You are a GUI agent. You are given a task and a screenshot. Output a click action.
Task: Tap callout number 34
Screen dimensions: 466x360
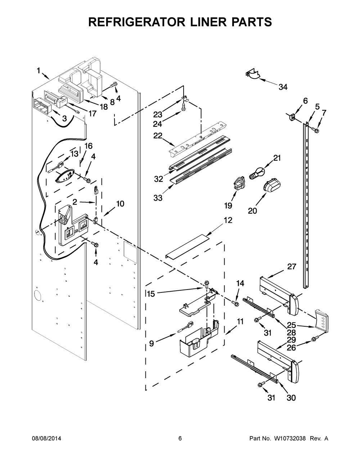(283, 87)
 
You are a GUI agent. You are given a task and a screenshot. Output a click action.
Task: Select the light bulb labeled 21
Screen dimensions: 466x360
(257, 172)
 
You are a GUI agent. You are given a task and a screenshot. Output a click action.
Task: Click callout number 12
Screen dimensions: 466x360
(228, 220)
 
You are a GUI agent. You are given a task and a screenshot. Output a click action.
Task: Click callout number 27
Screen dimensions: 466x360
(292, 267)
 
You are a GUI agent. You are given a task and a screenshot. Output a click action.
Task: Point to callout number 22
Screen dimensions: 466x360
(158, 136)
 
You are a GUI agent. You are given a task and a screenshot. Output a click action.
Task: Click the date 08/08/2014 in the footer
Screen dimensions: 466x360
(46, 439)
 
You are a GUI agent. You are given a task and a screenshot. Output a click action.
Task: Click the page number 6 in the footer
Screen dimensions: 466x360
(180, 439)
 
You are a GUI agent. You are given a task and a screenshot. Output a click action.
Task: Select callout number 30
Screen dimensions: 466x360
(291, 398)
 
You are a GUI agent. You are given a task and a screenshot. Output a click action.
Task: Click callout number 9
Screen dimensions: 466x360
(152, 344)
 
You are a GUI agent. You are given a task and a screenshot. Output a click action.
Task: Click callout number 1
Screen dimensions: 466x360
(39, 71)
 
